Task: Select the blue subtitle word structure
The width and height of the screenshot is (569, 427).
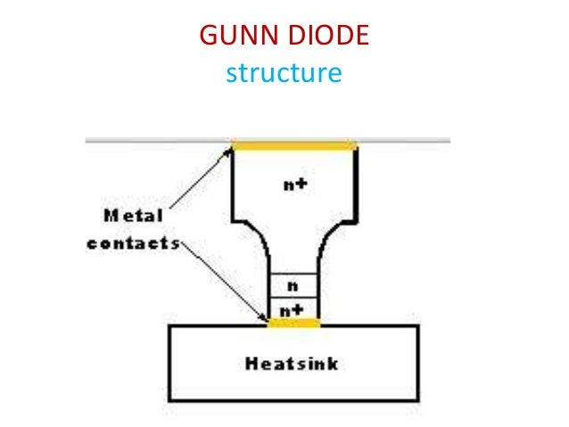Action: coord(284,72)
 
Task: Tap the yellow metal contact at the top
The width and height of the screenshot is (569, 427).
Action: coord(293,144)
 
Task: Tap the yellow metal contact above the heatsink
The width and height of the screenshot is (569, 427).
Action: coord(293,321)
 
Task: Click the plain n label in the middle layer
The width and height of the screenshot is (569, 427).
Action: coord(293,285)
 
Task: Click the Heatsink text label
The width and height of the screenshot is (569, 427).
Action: coord(293,364)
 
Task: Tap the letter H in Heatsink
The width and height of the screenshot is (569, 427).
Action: coord(250,364)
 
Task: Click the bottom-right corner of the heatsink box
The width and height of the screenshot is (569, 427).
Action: coord(417,399)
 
